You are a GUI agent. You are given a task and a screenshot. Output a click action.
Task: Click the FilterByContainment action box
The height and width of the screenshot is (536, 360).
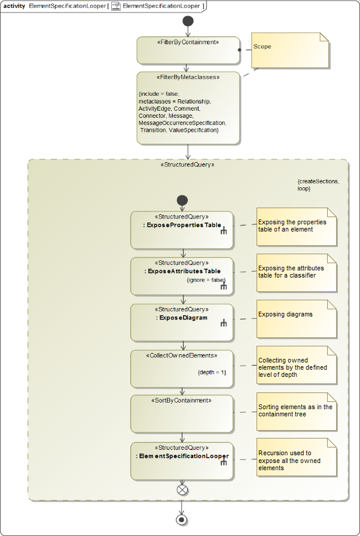click(188, 51)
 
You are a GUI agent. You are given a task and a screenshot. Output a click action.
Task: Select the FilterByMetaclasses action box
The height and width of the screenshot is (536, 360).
click(188, 108)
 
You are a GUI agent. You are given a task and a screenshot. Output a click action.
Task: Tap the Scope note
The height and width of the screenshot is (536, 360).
click(290, 50)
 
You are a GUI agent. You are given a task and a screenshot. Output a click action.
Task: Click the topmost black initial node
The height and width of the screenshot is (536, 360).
click(188, 21)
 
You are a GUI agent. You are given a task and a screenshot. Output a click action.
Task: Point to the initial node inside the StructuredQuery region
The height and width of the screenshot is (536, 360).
click(182, 200)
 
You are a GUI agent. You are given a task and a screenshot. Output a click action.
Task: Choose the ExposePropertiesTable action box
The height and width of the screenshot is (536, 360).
click(181, 230)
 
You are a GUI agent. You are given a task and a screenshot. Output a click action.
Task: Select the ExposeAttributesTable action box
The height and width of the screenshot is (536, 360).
click(181, 276)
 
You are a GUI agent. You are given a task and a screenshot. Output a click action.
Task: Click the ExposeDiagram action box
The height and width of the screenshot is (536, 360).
click(181, 322)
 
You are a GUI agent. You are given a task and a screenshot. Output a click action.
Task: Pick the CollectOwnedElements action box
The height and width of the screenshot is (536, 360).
click(181, 368)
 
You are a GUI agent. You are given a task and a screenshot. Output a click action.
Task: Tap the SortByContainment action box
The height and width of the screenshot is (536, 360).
click(181, 413)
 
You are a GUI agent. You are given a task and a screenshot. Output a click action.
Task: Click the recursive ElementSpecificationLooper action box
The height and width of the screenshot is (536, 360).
click(181, 460)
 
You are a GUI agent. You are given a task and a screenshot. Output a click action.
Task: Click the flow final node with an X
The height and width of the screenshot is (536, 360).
click(182, 490)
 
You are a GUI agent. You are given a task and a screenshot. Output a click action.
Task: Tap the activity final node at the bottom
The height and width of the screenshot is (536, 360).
click(182, 519)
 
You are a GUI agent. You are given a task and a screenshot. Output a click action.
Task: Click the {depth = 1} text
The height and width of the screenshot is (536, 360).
click(212, 372)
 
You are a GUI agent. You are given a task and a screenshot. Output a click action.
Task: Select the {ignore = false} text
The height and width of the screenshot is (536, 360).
click(206, 279)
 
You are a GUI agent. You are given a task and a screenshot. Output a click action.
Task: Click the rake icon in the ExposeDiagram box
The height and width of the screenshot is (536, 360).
click(224, 324)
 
